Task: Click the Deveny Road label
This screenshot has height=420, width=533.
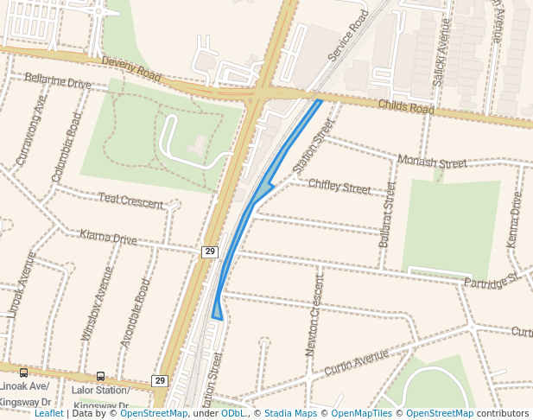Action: point(130,69)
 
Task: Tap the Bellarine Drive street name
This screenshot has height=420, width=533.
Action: point(58,82)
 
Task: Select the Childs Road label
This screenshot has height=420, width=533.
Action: point(406,107)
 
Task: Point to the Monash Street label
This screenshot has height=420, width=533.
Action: point(432,162)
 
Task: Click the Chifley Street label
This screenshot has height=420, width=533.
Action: point(339,186)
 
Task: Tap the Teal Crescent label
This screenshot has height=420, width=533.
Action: point(130,201)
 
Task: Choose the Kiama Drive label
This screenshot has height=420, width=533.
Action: point(108,238)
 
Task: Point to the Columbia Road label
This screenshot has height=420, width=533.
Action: point(67,146)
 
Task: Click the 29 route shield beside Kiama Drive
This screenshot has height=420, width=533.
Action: point(210,251)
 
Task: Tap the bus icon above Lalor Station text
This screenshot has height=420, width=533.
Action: point(101,376)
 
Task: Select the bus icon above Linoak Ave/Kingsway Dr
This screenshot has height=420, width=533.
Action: point(23,373)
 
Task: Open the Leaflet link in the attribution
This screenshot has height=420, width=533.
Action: point(49,414)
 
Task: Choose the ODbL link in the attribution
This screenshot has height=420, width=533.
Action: point(233,414)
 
